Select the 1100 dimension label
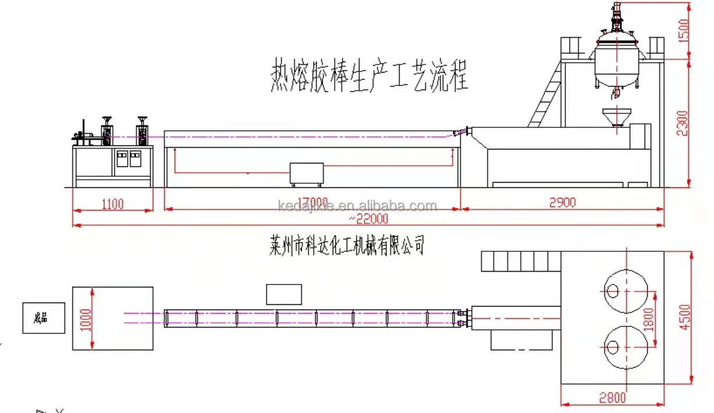[x=112, y=204]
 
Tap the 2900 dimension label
[x=562, y=202]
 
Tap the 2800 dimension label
[x=612, y=398]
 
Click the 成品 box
[x=44, y=318]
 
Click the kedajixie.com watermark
[x=357, y=206]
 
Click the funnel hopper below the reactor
[x=616, y=116]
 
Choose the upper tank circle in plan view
[x=626, y=290]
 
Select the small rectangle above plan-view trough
[x=284, y=294]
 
